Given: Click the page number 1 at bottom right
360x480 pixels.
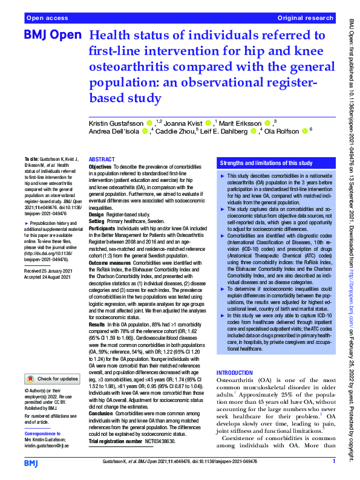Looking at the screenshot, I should (x=334, y=462).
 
